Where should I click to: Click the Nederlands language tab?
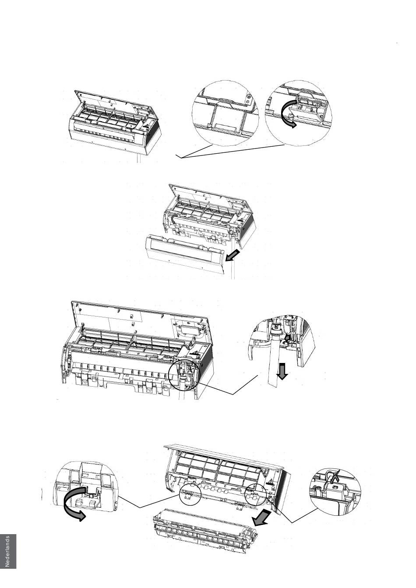point(8,551)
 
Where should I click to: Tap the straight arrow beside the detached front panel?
point(233,255)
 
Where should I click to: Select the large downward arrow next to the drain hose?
point(282,371)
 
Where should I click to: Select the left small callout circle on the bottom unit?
point(190,494)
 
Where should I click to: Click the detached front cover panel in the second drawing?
point(184,254)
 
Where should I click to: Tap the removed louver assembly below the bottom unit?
point(204,530)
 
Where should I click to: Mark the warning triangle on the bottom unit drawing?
point(271,484)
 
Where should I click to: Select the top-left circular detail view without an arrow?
point(225,113)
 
